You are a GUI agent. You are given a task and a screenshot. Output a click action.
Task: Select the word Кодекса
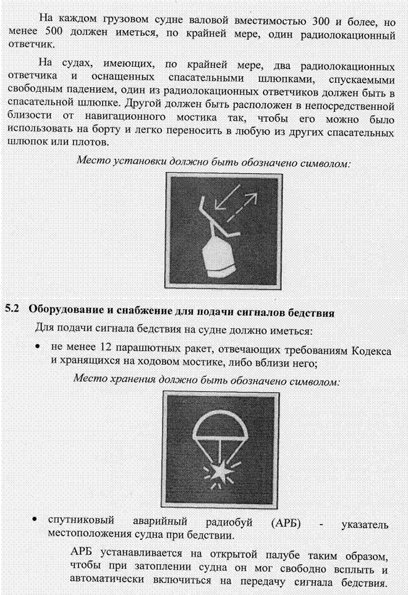coord(372,351)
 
